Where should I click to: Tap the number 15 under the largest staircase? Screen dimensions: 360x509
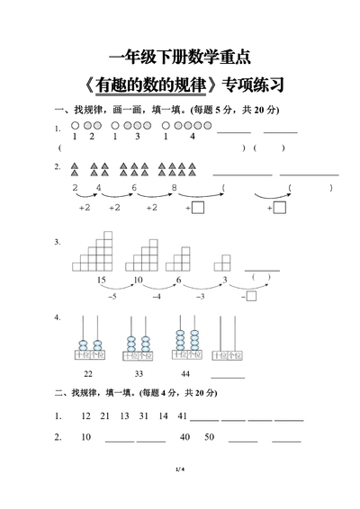coord(101,280)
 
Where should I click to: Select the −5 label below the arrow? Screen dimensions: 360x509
coord(111,296)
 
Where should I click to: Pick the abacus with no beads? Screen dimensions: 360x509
coord(228,339)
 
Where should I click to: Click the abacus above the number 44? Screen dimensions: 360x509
coord(185,339)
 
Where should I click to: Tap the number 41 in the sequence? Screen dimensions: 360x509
coord(181,416)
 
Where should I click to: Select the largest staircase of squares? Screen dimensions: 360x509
coord(97,253)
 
